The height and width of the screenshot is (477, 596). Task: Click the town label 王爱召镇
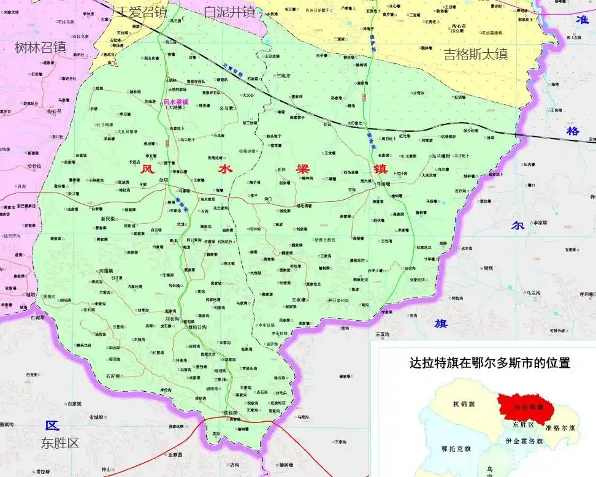click(x=142, y=11)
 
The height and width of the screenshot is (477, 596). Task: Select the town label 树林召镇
click(x=40, y=47)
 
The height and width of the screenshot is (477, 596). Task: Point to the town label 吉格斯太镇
click(x=476, y=54)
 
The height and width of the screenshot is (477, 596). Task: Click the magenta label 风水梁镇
click(x=176, y=102)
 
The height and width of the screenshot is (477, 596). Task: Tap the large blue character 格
click(x=573, y=131)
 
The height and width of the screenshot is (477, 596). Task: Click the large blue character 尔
click(x=518, y=225)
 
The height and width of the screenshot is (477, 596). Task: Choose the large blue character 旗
click(x=440, y=323)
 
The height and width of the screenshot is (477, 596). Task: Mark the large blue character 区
click(x=52, y=425)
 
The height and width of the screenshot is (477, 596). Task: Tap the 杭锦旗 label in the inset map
click(x=464, y=403)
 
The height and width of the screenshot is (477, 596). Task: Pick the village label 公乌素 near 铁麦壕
click(x=226, y=109)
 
